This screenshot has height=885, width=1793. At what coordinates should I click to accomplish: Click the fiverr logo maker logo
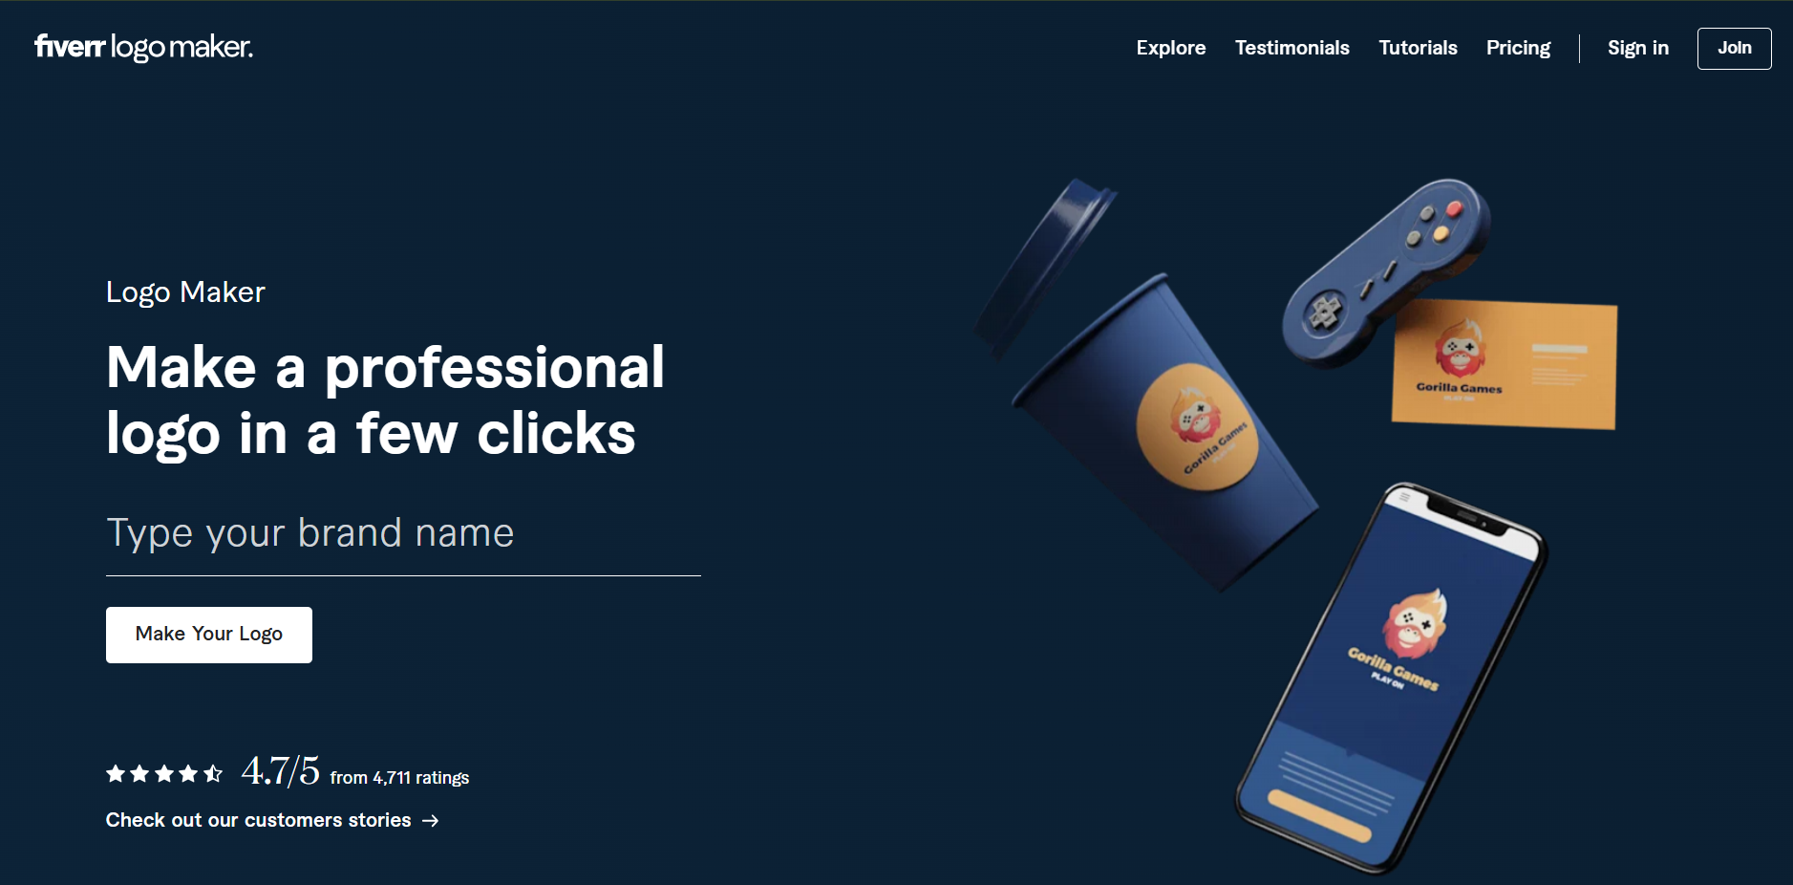(143, 47)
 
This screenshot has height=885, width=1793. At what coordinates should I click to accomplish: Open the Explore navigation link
(1171, 48)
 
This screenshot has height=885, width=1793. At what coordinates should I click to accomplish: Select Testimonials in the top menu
(1292, 48)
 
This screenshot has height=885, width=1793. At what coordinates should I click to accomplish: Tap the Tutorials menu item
(1419, 48)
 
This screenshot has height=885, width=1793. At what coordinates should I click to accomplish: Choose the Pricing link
(1519, 48)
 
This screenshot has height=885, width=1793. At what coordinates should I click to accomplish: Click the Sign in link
(1638, 48)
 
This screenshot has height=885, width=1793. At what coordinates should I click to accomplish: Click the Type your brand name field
(403, 533)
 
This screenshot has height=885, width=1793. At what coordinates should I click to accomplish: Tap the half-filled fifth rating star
(213, 773)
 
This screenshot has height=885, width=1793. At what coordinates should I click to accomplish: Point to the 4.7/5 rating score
(281, 770)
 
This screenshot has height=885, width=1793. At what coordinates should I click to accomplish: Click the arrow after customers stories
(431, 821)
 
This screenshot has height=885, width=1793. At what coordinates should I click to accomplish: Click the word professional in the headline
(495, 368)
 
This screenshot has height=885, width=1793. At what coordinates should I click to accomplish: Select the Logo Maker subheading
(185, 292)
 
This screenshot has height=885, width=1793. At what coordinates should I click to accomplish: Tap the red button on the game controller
(1454, 208)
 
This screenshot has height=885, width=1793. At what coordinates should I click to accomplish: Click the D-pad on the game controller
(1325, 310)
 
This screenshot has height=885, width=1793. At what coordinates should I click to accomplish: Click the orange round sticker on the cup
(1198, 426)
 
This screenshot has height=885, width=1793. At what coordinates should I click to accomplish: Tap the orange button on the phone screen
(1319, 815)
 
